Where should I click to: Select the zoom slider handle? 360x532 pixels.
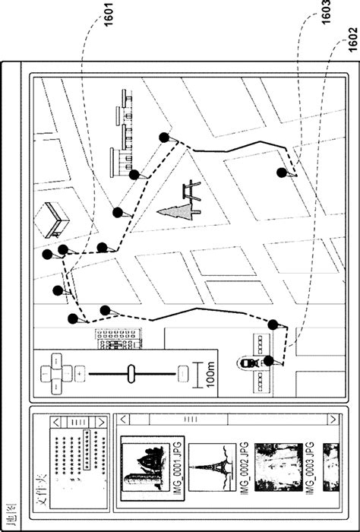(x=131, y=372)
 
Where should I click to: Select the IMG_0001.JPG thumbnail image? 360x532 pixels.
(x=145, y=464)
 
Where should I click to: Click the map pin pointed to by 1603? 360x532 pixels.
(x=282, y=173)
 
